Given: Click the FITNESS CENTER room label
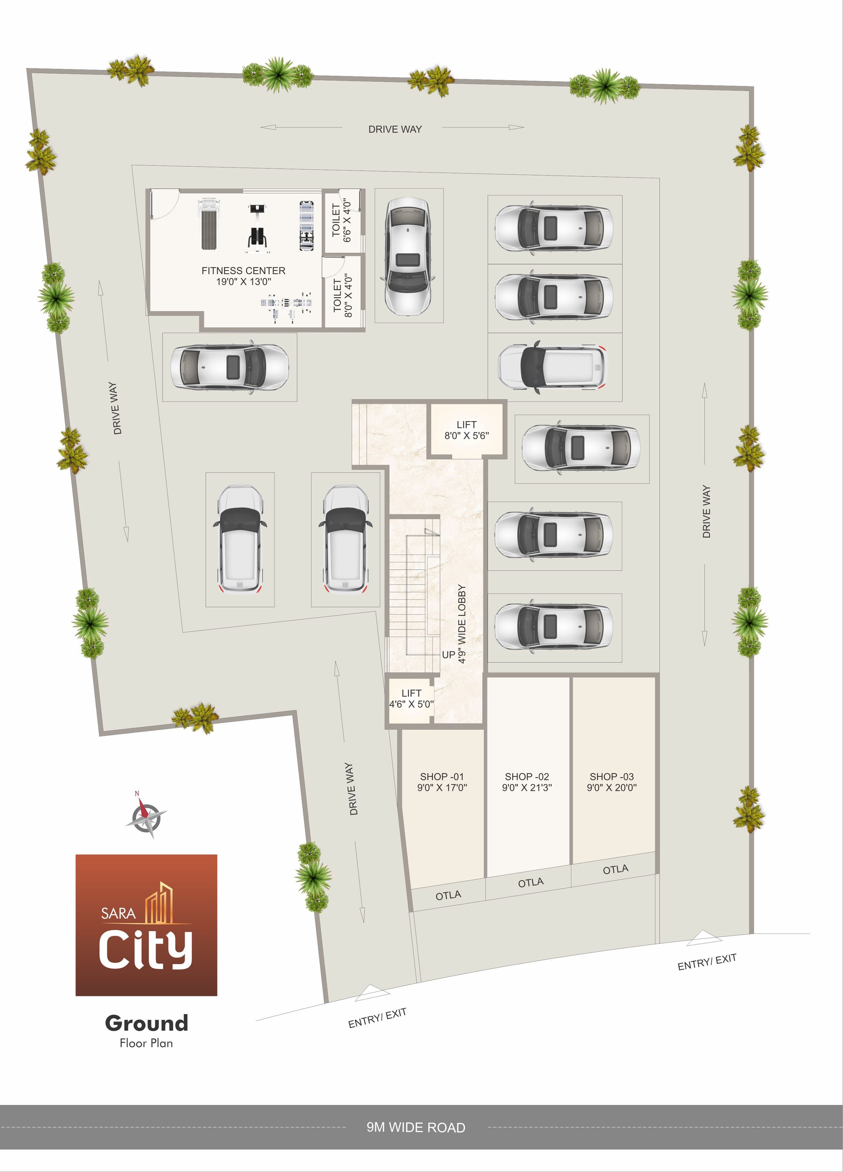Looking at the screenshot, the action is tap(244, 276).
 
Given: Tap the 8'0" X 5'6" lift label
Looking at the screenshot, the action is tap(467, 430).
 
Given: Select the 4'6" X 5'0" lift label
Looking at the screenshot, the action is tap(411, 698).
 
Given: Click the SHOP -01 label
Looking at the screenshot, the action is tap(442, 782).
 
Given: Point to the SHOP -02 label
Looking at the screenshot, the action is tap(527, 782).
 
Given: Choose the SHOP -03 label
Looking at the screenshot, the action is tap(611, 782).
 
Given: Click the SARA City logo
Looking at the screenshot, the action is tap(146, 925).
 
